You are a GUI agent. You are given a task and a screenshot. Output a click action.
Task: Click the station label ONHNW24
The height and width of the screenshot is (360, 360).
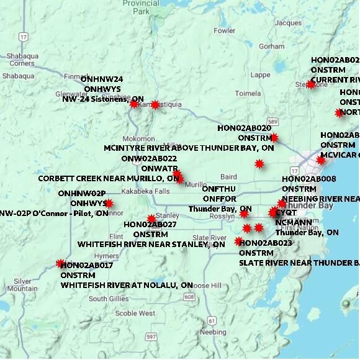(x=102, y=79)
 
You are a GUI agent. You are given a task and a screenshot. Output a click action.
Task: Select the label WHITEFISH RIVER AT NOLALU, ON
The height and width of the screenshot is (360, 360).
(x=127, y=285)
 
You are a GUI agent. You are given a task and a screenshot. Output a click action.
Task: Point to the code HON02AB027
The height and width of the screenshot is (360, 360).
(x=150, y=225)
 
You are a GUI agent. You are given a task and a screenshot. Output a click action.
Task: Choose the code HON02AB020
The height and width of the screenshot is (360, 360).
(x=244, y=128)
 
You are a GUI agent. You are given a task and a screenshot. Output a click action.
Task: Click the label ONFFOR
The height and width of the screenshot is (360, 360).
(x=219, y=199)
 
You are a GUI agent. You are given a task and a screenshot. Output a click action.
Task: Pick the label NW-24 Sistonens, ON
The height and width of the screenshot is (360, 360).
(x=103, y=99)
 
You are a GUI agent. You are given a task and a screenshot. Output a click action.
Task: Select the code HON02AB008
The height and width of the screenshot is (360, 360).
(x=308, y=179)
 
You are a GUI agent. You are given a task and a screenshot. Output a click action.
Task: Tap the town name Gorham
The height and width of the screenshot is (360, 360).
(x=272, y=47)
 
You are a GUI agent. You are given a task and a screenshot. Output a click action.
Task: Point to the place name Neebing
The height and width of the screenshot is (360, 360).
(x=214, y=332)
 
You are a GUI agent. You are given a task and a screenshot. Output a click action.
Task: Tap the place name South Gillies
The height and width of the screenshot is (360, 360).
(x=108, y=299)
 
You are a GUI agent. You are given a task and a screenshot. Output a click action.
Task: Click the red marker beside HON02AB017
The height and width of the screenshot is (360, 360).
(x=60, y=264)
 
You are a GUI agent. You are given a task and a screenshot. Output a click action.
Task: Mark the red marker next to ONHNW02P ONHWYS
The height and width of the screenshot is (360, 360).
(x=109, y=203)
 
